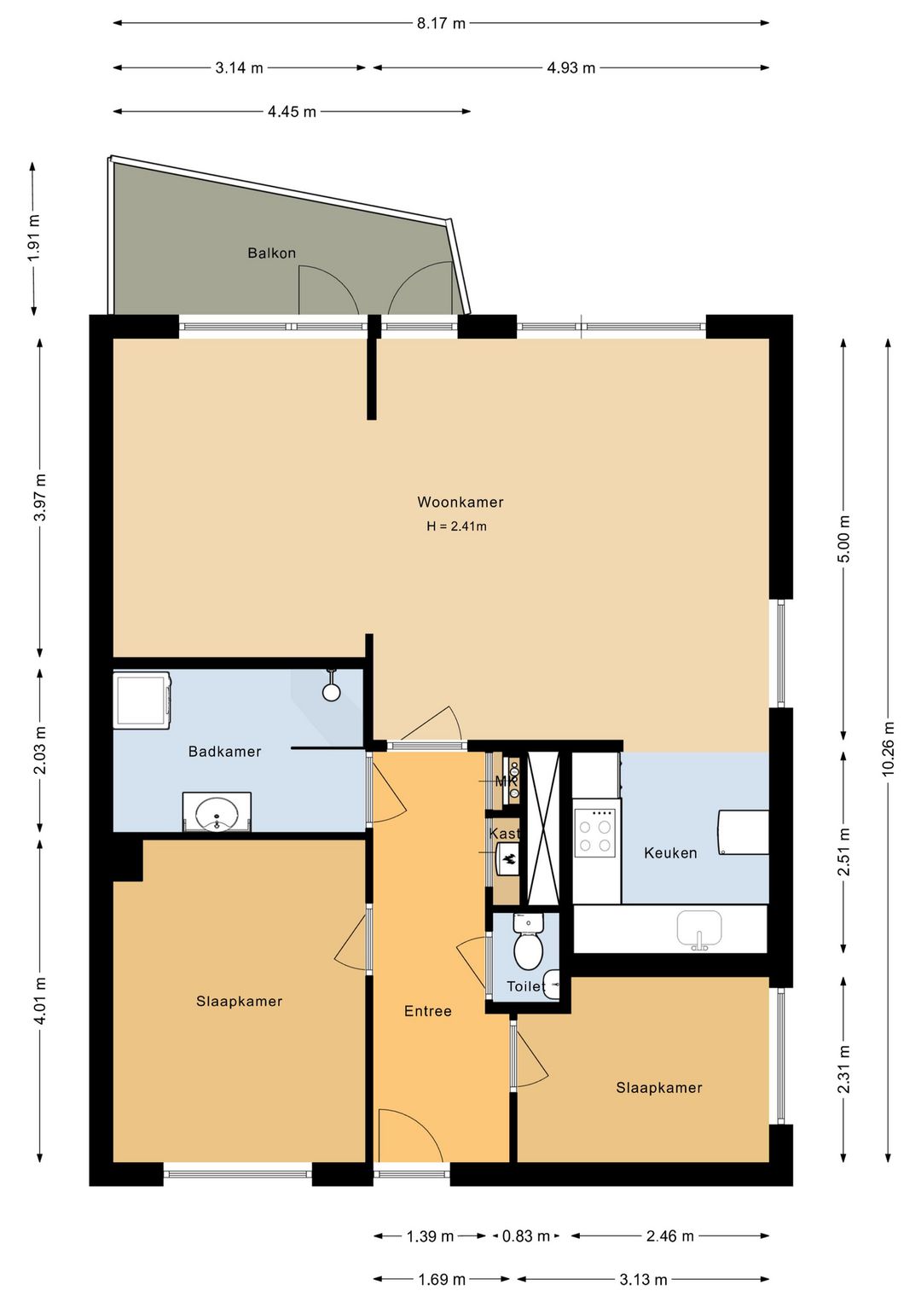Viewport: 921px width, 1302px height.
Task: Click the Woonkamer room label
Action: pos(460,503)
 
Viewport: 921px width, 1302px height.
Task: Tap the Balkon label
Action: pos(271,253)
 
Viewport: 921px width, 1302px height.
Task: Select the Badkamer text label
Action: pos(224,752)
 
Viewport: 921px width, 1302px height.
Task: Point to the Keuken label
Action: pos(670,853)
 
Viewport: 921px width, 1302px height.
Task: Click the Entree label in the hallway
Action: pos(428,1011)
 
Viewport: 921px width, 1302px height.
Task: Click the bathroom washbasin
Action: pos(217,812)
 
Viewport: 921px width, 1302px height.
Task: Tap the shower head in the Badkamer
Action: pos(331,685)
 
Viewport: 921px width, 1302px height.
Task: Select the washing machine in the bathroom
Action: pos(142,700)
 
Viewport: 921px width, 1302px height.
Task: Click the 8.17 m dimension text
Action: pos(441,23)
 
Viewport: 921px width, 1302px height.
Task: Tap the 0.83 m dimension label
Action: pos(526,1235)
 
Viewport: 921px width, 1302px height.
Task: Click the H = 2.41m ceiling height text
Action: pos(456,526)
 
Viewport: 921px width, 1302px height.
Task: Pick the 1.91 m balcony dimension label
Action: pos(34,238)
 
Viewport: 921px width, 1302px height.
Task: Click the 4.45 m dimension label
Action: pos(292,111)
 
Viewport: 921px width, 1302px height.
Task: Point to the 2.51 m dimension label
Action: pos(843,852)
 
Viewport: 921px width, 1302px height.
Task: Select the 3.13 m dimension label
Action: pos(643,1279)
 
